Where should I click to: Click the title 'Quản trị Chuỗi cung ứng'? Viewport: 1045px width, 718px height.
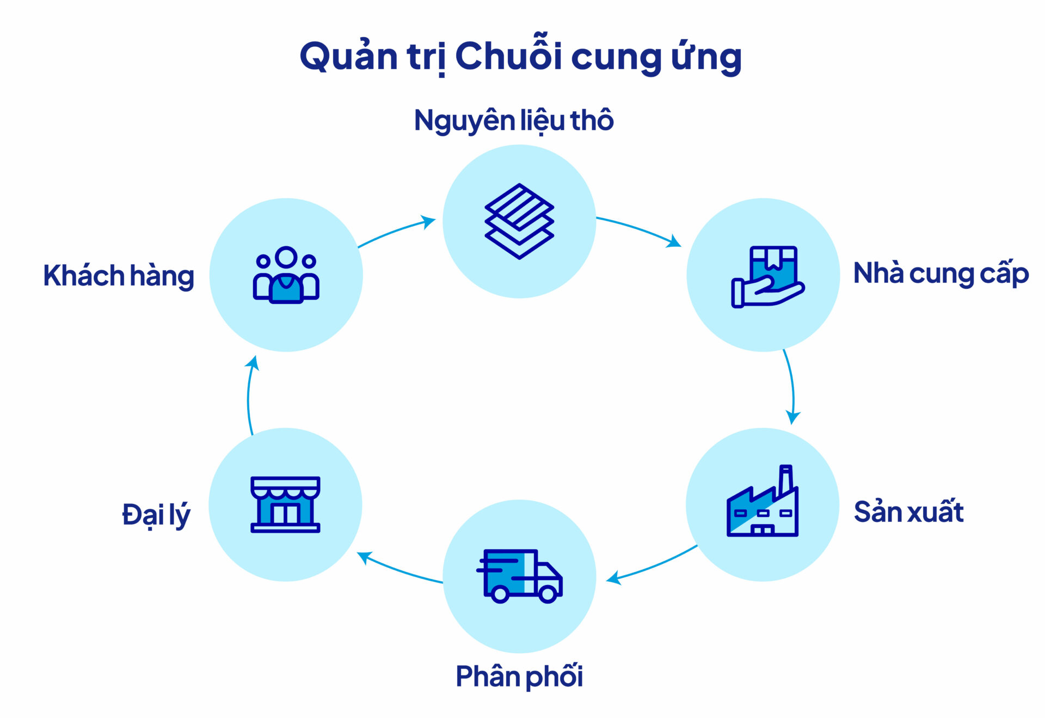click(x=521, y=56)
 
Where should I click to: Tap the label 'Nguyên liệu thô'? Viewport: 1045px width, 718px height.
click(x=514, y=120)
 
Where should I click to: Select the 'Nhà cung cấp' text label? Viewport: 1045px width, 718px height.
click(x=941, y=273)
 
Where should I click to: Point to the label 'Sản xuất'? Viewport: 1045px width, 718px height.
click(x=908, y=512)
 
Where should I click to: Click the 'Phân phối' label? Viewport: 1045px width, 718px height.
click(x=519, y=676)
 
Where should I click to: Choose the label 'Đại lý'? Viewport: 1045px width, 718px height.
click(x=156, y=515)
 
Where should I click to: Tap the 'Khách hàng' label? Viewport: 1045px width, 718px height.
click(x=119, y=276)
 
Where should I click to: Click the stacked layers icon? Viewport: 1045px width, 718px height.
click(x=519, y=221)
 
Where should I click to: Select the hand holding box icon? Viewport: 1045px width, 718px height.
click(x=767, y=277)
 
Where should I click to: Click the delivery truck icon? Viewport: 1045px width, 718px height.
click(x=519, y=576)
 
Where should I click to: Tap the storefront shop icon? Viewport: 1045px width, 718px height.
click(x=285, y=504)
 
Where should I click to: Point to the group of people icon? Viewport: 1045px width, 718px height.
click(x=286, y=275)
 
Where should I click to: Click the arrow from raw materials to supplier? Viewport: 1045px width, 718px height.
click(x=640, y=229)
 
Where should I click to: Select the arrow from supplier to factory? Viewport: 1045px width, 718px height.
click(x=791, y=387)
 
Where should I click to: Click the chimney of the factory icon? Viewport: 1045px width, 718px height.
click(x=785, y=479)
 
